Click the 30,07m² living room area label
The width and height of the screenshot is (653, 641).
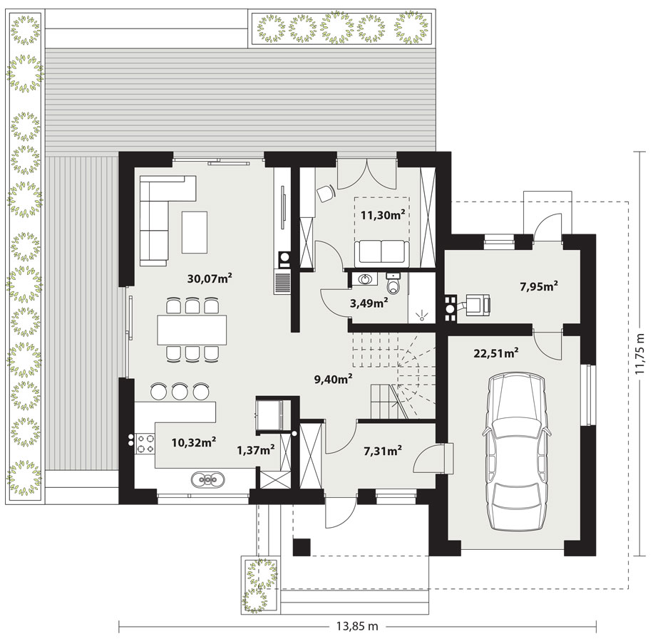pos(210,278)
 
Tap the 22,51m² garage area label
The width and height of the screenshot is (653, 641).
pos(496,353)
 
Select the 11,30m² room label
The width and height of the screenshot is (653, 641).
pos(383,214)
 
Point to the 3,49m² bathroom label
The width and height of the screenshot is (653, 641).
pos(369,303)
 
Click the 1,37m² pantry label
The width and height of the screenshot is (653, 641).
pos(255,449)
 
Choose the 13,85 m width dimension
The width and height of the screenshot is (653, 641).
pos(357,626)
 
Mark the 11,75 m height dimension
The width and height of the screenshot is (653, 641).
pos(641,353)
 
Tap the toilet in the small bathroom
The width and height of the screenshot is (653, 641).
pos(393,283)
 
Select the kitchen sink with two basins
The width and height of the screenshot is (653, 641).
pos(207,479)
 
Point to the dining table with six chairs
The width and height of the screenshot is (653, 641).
pos(192,330)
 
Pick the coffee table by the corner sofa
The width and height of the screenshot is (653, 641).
pos(195,232)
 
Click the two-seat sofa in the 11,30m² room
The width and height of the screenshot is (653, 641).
pos(381,254)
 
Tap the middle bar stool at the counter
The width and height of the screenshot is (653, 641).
pos(180,392)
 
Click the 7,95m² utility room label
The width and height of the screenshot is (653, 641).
pos(539,286)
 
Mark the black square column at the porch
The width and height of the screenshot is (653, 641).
pos(302,547)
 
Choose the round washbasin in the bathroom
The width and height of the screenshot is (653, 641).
pos(366,279)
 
